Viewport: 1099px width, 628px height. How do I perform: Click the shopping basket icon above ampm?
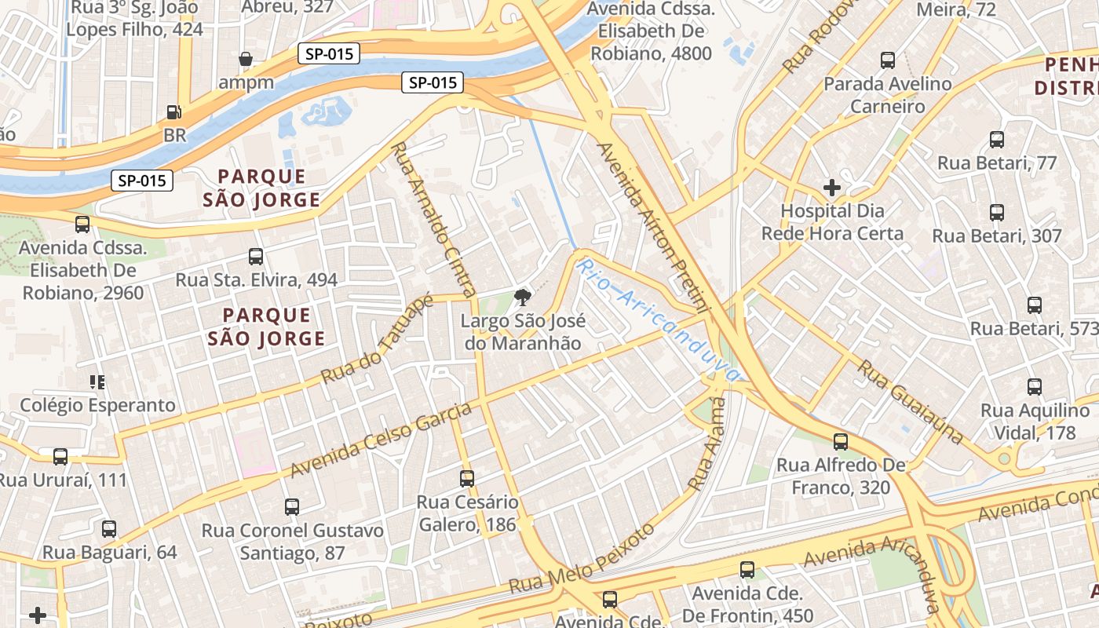coord(246,59)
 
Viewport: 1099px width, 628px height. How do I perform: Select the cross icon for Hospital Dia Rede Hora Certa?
coord(831,188)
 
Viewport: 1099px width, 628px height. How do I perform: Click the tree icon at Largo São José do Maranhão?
coord(520,297)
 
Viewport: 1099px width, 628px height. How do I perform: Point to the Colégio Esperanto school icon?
coord(97,382)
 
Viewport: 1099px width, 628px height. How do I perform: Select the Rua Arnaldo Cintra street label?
coord(434,219)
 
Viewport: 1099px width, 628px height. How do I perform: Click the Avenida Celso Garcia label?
coord(382,440)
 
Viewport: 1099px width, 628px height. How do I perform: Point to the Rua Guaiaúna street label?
coord(910,402)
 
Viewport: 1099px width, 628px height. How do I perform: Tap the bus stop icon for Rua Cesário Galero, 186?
coord(467,478)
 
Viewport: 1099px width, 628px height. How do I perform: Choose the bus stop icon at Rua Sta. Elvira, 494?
coord(256,257)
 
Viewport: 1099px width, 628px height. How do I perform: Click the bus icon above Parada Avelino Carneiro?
coord(888,60)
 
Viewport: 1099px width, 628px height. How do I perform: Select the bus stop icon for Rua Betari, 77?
coord(997,140)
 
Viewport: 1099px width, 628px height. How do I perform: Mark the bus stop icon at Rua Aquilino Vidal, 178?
coord(1035,387)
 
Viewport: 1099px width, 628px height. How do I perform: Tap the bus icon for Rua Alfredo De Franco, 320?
coord(841,442)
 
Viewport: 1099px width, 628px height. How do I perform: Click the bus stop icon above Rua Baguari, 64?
coord(109,529)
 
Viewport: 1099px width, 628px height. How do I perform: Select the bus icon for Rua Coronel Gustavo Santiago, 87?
coord(292,507)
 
